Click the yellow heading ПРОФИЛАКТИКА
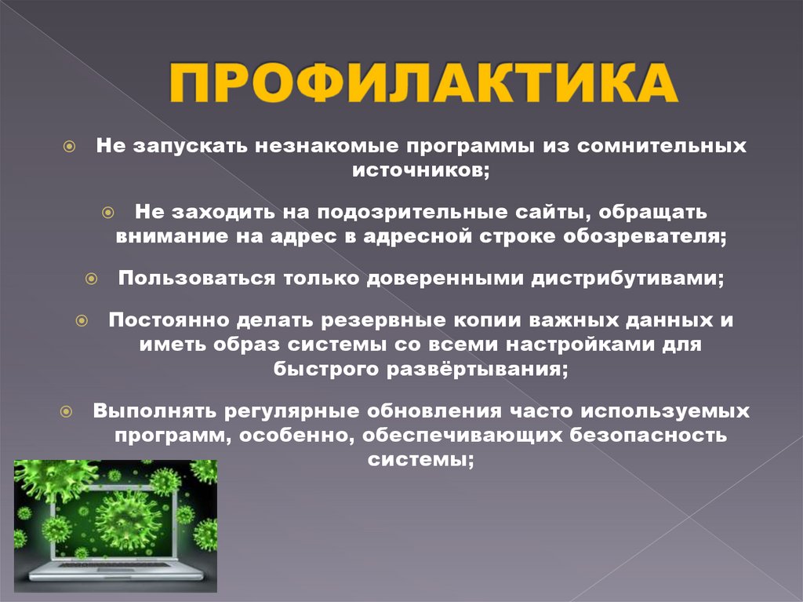[x=424, y=85]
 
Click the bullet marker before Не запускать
[x=70, y=147]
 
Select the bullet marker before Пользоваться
[x=91, y=279]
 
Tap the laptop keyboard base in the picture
[x=118, y=571]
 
